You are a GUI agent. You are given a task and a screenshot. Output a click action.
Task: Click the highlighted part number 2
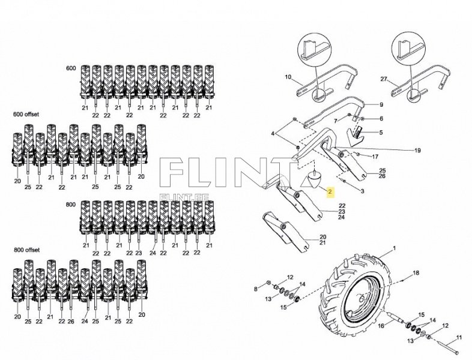pyautogui.click(x=329, y=192)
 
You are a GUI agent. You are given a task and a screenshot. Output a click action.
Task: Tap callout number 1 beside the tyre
pyautogui.click(x=395, y=248)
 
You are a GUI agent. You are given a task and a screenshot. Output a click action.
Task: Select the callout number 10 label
pyautogui.click(x=287, y=77)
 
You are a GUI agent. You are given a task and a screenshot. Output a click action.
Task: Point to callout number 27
pyautogui.click(x=384, y=79)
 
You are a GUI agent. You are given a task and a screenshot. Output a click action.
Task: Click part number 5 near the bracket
pyautogui.click(x=380, y=132)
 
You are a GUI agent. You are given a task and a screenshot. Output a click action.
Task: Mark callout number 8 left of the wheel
pyautogui.click(x=255, y=289)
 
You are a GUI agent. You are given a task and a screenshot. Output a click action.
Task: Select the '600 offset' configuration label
pyautogui.click(x=25, y=114)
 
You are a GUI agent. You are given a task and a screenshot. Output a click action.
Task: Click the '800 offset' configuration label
pyautogui.click(x=25, y=248)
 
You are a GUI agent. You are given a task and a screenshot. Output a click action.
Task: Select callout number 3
pyautogui.click(x=362, y=191)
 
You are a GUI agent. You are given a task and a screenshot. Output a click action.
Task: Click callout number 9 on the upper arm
pyautogui.click(x=381, y=105)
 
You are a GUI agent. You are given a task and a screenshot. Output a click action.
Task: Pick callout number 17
pyautogui.click(x=375, y=157)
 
